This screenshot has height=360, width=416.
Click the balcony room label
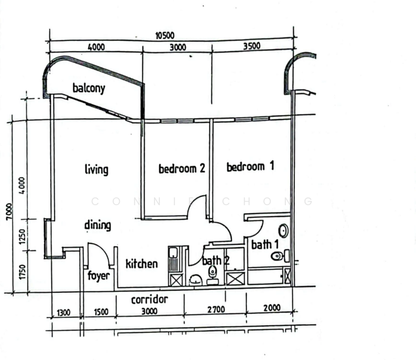[89, 89]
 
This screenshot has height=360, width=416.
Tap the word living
[97, 170]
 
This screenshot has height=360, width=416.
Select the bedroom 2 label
[182, 169]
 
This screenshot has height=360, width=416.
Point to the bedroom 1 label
[250, 167]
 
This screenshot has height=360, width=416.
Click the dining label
[98, 225]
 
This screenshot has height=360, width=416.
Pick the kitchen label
[141, 263]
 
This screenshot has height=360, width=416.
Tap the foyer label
[98, 276]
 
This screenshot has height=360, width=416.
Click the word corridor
[150, 299]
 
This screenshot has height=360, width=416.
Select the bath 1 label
[265, 245]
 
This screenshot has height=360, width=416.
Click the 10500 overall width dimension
[165, 35]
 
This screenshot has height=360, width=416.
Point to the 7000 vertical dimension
[9, 212]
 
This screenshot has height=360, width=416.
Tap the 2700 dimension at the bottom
[216, 309]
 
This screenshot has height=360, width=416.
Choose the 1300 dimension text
[64, 313]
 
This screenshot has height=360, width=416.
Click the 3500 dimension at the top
[252, 46]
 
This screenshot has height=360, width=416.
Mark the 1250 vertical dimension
[23, 237]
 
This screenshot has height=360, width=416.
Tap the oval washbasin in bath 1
[284, 231]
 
